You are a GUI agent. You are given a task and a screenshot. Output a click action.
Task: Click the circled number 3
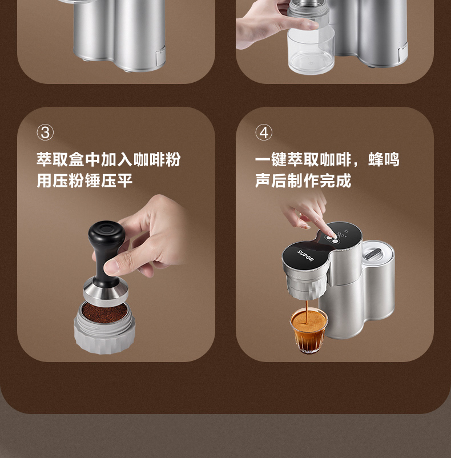[x=45, y=132]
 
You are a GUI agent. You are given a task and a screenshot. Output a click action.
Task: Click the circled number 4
[x=264, y=132]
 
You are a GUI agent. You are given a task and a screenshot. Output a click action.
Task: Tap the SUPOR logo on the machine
[x=305, y=256]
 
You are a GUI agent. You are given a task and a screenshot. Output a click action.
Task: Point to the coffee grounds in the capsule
[x=104, y=312]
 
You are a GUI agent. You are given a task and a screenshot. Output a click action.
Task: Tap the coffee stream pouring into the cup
[x=307, y=312]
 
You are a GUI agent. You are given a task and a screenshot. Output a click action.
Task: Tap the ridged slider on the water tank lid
[x=373, y=253]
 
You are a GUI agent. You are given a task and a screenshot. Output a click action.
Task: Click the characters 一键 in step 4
[x=271, y=159]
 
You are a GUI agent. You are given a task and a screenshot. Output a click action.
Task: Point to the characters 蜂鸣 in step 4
[x=384, y=159]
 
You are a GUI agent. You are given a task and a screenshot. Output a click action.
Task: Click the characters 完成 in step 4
[x=336, y=180]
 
